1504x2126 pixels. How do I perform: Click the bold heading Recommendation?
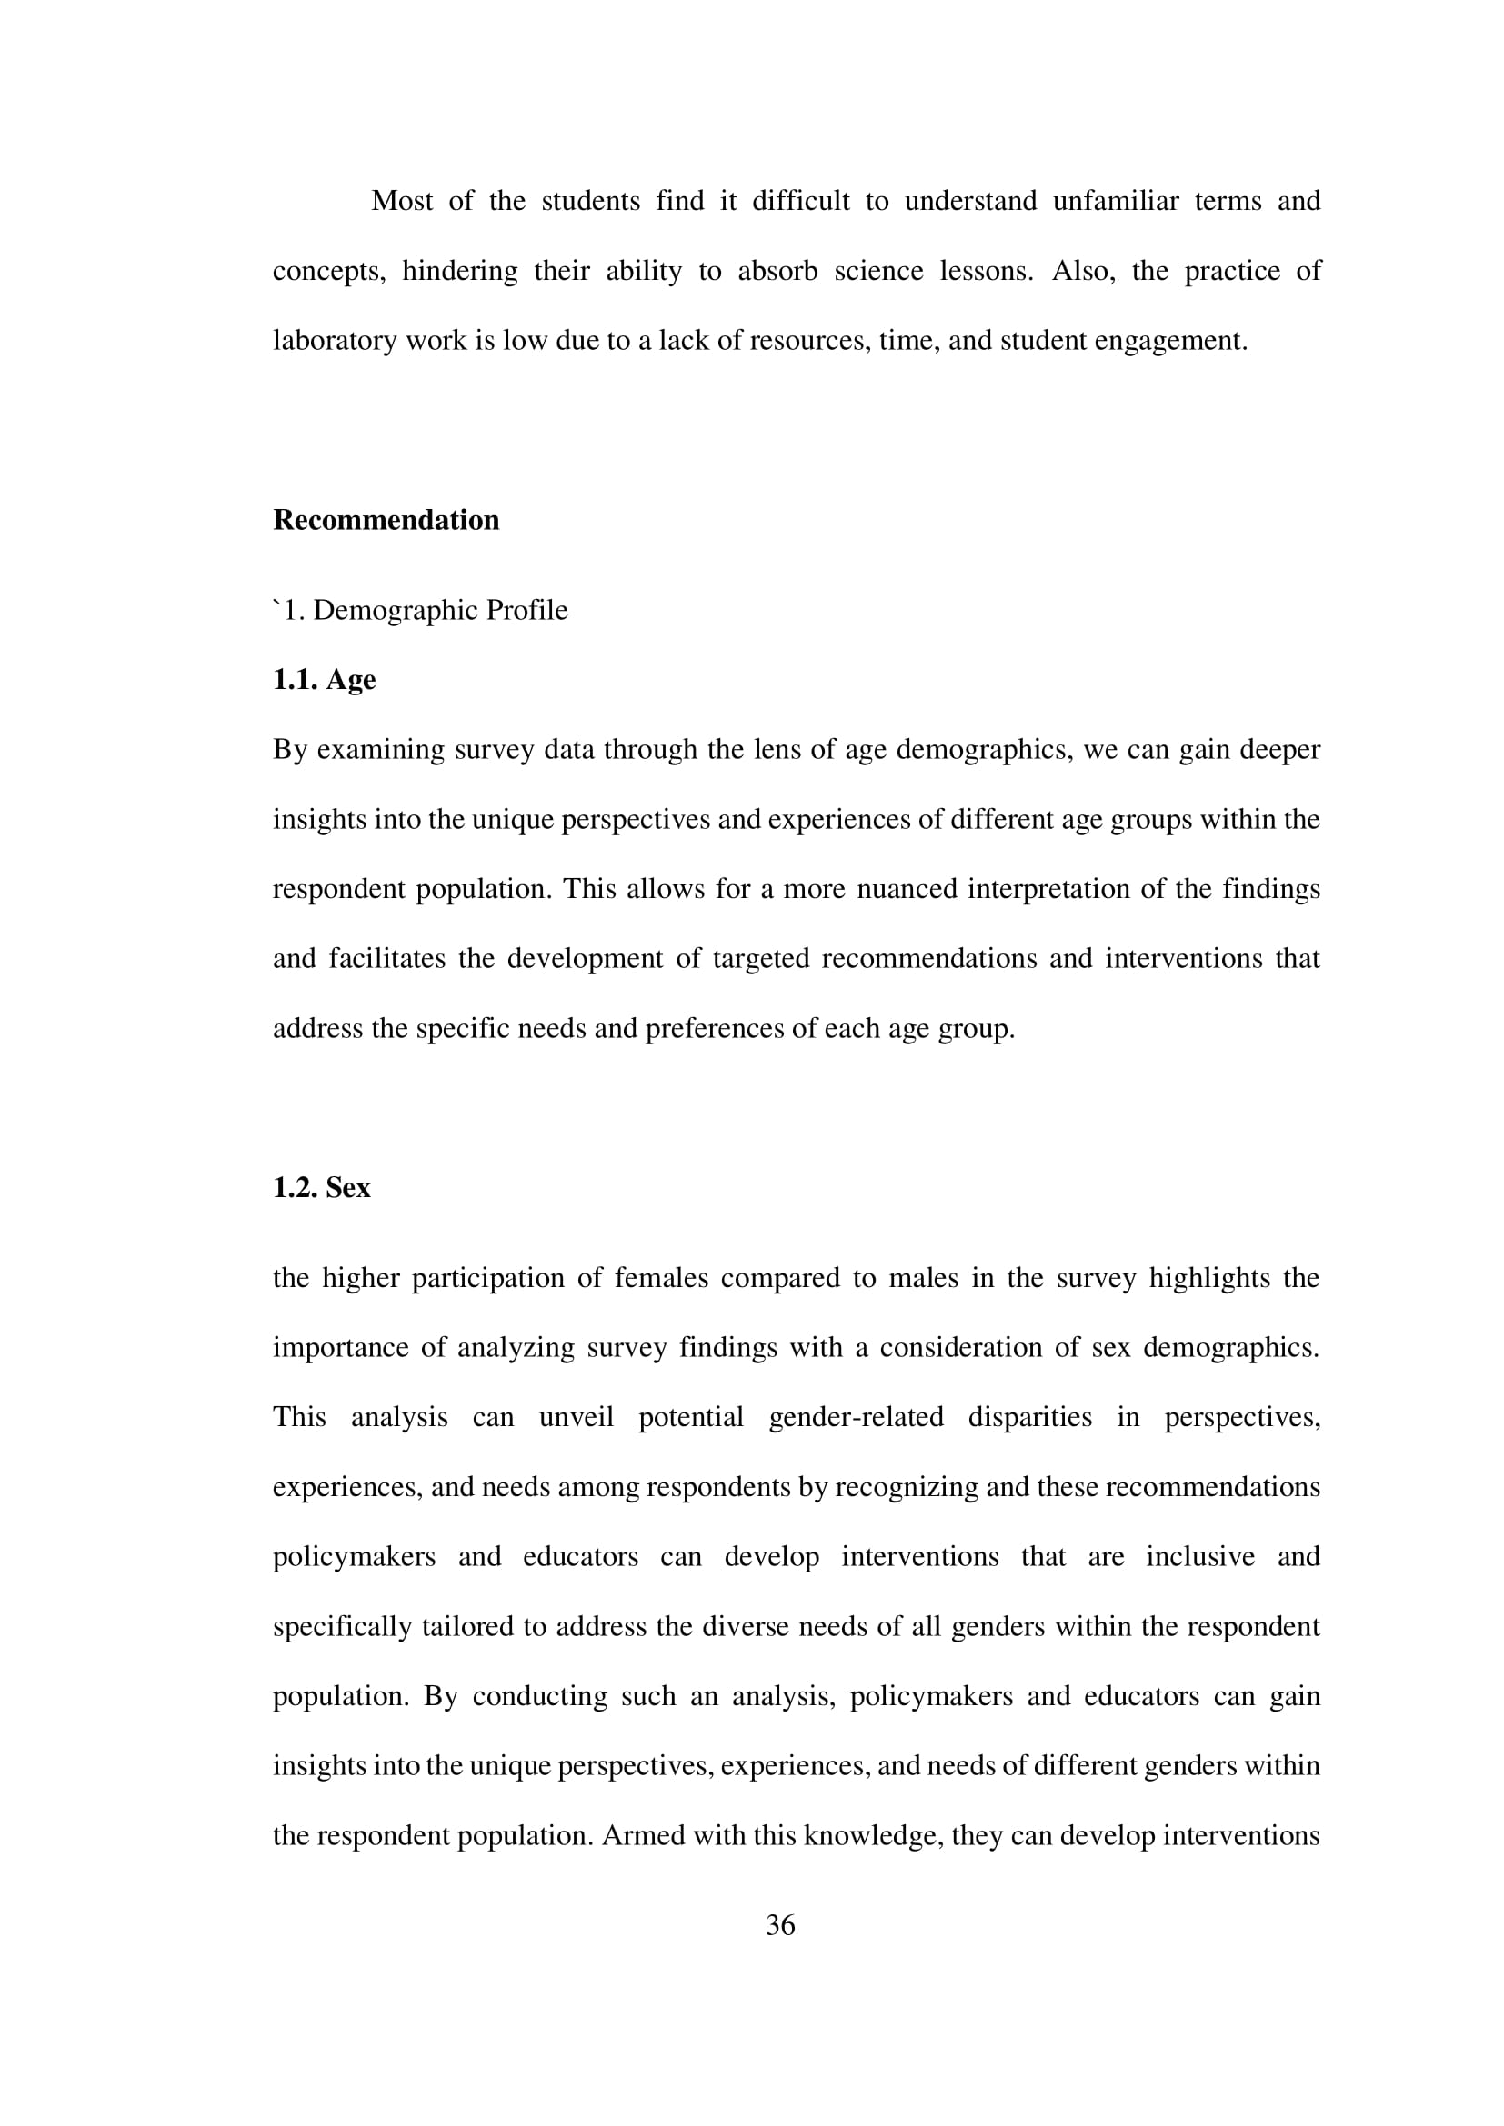point(386,521)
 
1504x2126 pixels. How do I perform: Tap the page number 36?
point(780,1925)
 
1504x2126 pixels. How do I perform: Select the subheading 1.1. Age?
point(324,680)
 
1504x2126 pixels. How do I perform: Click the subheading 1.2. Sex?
point(321,1188)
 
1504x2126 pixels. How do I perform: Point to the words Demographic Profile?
point(440,610)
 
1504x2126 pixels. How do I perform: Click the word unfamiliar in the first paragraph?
point(1115,201)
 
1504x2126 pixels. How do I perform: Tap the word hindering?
point(459,271)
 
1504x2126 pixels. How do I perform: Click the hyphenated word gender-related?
point(856,1418)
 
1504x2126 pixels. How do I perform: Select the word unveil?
point(576,1418)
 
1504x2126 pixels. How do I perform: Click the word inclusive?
point(1199,1556)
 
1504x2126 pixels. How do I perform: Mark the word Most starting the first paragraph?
point(401,201)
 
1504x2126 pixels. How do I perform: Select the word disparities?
point(1030,1418)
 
